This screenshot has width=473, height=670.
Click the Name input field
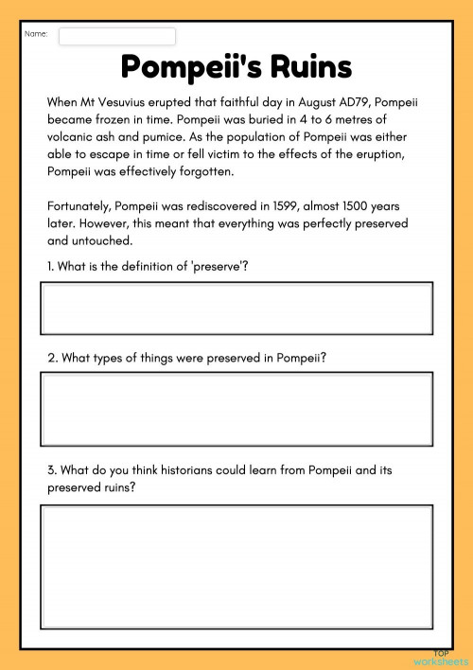coord(117,36)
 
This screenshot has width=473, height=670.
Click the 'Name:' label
coord(36,35)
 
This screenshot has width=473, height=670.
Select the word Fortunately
coord(80,206)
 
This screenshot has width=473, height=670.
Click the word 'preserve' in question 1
coord(219,267)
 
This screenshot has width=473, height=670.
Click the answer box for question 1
coord(236,309)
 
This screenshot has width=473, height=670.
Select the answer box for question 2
coord(236,408)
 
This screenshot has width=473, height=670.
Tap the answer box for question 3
coord(236,567)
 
